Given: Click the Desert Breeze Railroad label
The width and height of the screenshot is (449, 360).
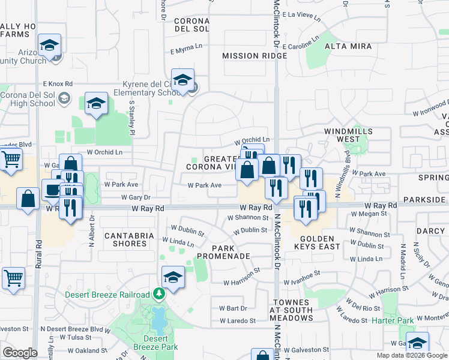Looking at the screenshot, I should point(107,295).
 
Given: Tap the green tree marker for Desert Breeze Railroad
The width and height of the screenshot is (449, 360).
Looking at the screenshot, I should point(159,294).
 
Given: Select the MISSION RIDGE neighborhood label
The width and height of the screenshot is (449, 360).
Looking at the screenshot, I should point(254,56).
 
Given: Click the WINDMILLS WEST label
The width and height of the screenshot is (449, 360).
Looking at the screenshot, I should point(348,135).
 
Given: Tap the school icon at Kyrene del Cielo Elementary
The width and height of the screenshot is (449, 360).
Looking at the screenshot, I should point(182,80).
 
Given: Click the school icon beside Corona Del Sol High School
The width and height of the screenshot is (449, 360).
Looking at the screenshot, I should point(95,104).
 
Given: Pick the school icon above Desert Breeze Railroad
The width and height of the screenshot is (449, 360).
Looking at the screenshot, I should point(173,277).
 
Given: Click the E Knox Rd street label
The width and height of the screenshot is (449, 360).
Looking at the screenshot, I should point(58,84).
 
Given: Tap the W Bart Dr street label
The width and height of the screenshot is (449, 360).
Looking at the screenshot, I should point(233,308).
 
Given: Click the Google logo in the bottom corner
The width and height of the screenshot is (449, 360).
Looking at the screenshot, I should point(20,353).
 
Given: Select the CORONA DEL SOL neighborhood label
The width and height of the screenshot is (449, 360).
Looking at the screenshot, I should point(191,25).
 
